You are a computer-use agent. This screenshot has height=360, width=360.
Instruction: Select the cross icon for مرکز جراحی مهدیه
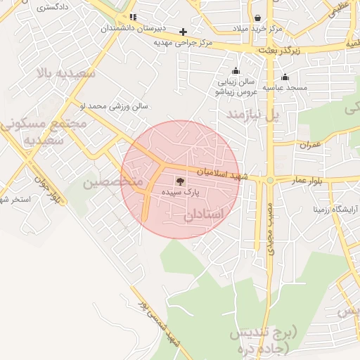point(183,32)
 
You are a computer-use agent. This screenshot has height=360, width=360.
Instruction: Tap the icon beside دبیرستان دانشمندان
point(133,18)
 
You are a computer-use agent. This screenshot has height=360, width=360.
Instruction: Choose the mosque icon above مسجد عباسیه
point(285,77)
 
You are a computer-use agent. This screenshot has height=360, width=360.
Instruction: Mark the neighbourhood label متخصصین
point(113,182)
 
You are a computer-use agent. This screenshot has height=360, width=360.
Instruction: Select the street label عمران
point(309,145)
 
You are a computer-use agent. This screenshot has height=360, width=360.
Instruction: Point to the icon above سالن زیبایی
point(236,70)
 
